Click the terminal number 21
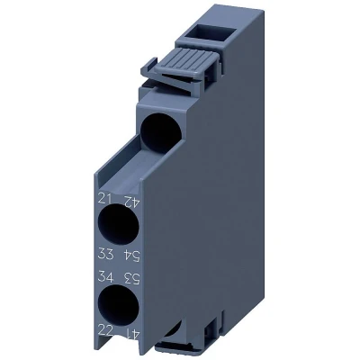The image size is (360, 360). pos(105,198)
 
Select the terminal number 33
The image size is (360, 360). pos(105,254)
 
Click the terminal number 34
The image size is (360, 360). pos(105,276)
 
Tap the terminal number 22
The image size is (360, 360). pos(105,331)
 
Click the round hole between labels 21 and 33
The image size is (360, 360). pos(119,224)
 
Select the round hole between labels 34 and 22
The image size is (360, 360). pos(119,305)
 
